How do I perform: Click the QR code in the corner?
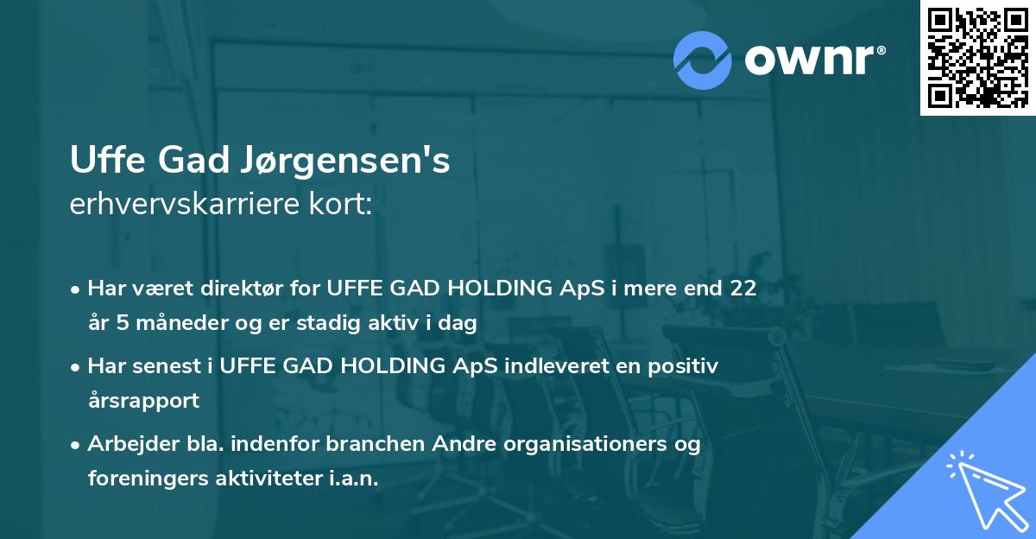click(976, 57)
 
